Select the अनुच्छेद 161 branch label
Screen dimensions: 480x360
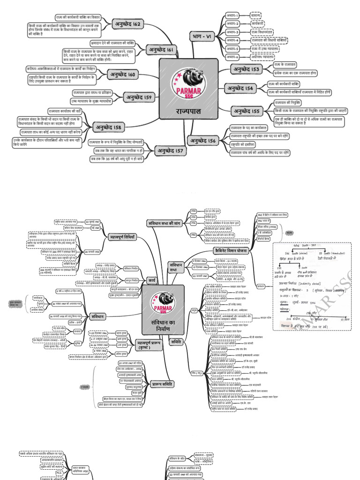point(161,49)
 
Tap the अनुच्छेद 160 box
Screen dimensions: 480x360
point(122,75)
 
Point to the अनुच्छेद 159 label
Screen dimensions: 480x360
point(139,97)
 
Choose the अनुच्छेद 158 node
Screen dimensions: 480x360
point(109,127)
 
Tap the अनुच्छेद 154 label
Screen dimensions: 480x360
point(241,88)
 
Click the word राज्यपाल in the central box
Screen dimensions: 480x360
point(188,112)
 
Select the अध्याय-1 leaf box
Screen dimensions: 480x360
point(232,15)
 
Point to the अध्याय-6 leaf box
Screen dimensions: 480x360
point(232,57)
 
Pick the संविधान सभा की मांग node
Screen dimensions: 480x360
point(164,223)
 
